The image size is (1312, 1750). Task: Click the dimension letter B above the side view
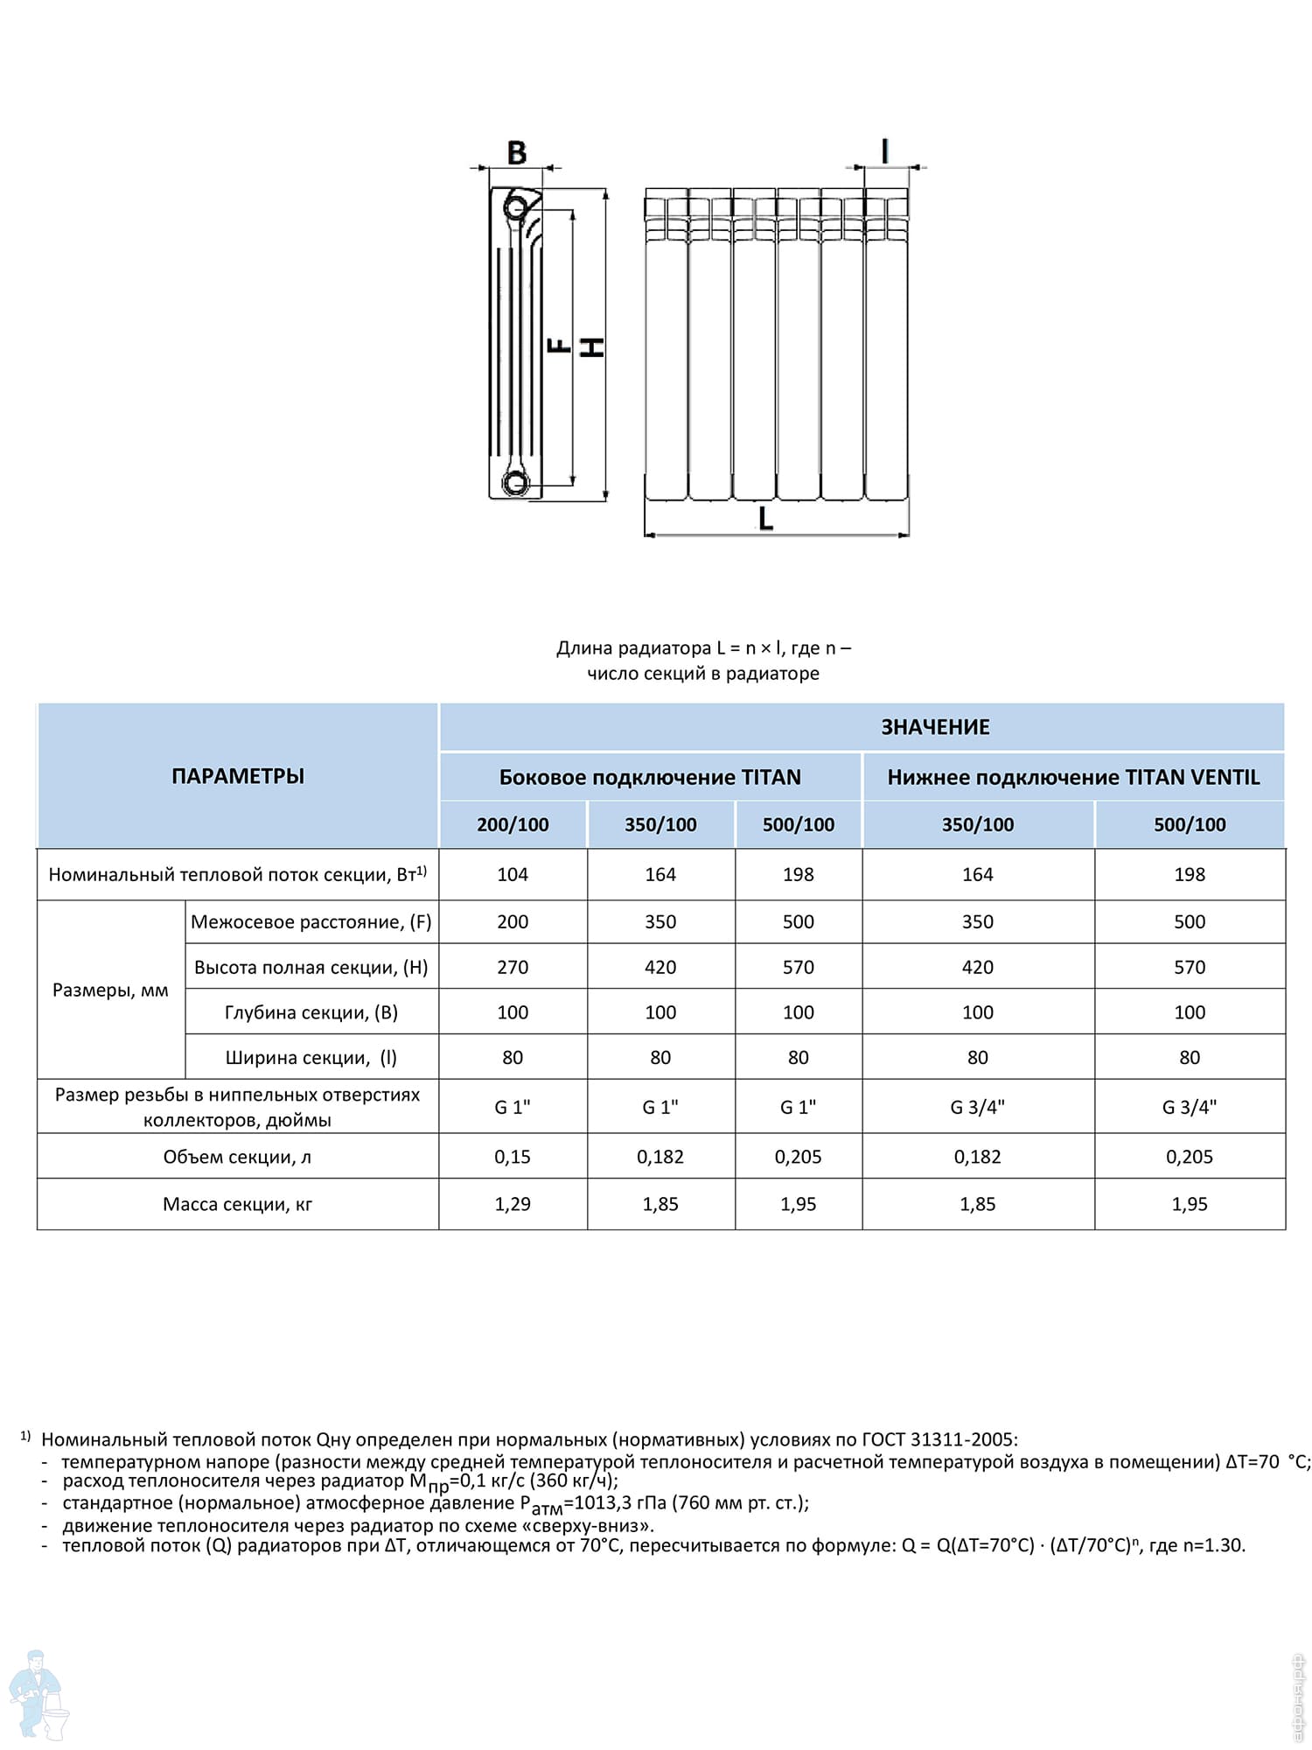click(517, 152)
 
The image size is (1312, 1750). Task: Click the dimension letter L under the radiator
click(765, 519)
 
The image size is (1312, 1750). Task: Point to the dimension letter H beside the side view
click(594, 347)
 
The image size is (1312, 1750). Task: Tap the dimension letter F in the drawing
click(558, 346)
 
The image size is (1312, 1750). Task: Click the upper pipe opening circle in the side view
click(516, 208)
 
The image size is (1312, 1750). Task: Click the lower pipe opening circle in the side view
click(516, 482)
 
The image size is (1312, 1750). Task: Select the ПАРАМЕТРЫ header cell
click(238, 776)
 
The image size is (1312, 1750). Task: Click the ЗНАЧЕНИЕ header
click(935, 727)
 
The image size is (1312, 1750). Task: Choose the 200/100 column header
click(513, 824)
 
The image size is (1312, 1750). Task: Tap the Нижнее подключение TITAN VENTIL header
click(1073, 777)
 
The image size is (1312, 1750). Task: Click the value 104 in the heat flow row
click(513, 874)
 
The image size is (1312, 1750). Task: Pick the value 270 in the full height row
click(513, 967)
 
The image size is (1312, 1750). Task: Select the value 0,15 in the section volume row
click(513, 1157)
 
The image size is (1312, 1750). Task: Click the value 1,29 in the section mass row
click(513, 1204)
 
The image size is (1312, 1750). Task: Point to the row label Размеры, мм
click(110, 990)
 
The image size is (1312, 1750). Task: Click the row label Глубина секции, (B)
click(311, 1012)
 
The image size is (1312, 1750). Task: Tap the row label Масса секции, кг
click(237, 1204)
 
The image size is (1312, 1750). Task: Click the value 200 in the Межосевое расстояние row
click(513, 921)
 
